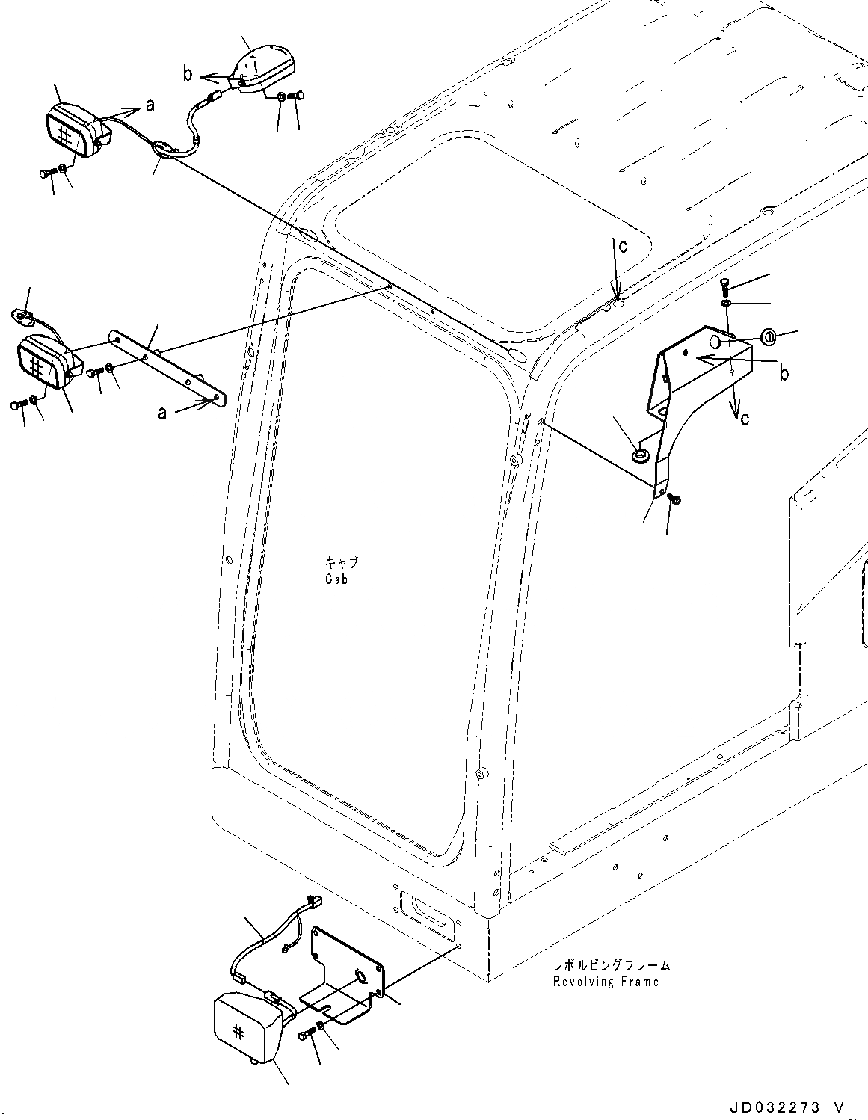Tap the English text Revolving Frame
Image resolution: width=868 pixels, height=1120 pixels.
click(x=606, y=982)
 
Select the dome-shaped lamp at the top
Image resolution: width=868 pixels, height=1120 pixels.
click(x=262, y=67)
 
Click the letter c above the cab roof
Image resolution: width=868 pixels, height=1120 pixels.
click(x=622, y=246)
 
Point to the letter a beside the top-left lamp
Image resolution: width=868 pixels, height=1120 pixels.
click(x=150, y=106)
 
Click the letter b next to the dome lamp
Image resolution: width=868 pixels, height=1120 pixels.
click(x=188, y=73)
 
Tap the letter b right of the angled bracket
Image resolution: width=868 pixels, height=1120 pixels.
click(x=784, y=373)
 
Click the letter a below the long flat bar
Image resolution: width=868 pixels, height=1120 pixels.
click(x=162, y=412)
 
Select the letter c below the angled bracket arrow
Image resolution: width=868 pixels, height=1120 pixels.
click(x=744, y=419)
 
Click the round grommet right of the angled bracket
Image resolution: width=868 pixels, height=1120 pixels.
click(x=768, y=336)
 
